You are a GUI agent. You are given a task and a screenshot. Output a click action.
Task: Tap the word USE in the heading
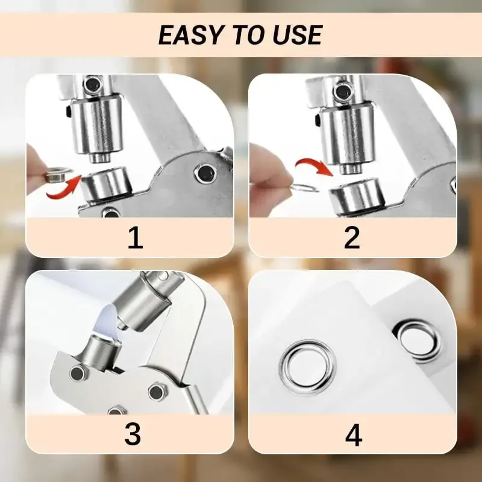pos(296,36)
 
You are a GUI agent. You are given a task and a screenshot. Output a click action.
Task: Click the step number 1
pos(135,238)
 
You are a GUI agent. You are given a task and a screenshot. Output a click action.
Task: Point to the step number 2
pos(352,238)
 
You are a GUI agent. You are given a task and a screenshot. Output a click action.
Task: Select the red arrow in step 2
pos(314,164)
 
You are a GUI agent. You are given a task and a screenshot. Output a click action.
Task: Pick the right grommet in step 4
pos(417,340)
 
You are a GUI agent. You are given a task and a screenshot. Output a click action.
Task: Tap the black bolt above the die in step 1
pos(92,84)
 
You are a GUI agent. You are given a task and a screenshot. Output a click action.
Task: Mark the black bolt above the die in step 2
pos(343,92)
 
